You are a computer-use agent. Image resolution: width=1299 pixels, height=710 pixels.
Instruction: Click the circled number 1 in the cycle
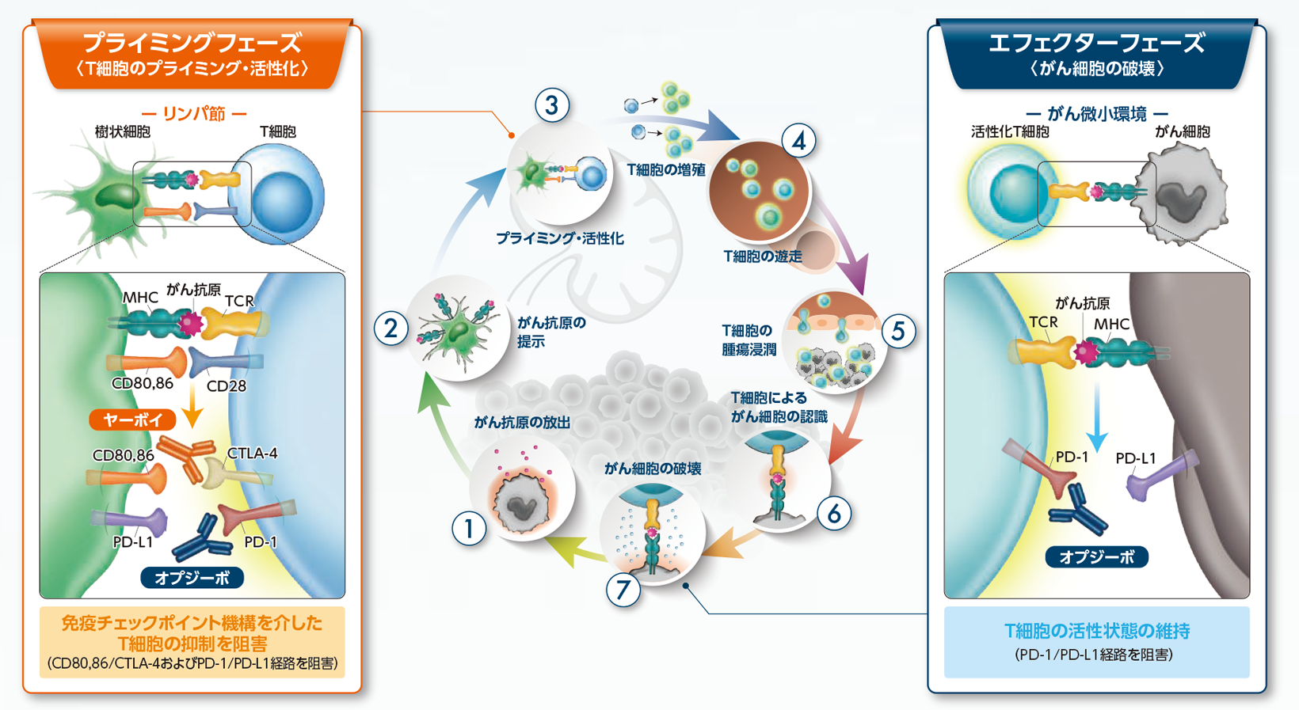(469, 529)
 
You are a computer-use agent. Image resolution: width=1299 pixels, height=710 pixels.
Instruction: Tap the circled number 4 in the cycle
(798, 141)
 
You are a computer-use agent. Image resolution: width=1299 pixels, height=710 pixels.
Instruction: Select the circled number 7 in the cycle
(623, 590)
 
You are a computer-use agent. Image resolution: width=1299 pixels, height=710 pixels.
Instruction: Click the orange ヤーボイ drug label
(132, 420)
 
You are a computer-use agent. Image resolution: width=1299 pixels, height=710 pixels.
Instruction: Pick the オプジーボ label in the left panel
(192, 578)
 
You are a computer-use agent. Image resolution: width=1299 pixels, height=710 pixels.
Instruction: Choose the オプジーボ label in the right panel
(1096, 557)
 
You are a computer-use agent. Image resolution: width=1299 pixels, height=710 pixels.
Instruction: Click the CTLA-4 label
(252, 454)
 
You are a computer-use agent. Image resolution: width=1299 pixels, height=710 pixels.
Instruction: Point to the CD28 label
(226, 386)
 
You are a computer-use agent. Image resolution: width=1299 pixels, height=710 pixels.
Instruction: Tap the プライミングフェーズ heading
(192, 42)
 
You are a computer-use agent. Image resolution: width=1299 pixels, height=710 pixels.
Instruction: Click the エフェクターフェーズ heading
(1096, 42)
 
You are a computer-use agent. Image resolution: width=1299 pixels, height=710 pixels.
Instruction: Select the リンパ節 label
(193, 114)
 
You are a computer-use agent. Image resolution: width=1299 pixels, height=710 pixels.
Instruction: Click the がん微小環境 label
(1096, 114)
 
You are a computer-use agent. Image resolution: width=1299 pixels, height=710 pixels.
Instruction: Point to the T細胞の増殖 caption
(665, 170)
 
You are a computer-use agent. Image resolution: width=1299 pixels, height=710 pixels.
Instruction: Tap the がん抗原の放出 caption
(522, 423)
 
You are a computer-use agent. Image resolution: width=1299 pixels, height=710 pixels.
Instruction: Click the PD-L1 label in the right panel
(1135, 458)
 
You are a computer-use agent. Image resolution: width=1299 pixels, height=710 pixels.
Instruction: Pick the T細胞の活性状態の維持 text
(1096, 631)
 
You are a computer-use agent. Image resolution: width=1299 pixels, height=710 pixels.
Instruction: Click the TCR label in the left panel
(238, 301)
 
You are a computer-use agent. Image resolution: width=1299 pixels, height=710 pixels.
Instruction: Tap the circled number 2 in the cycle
(390, 328)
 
